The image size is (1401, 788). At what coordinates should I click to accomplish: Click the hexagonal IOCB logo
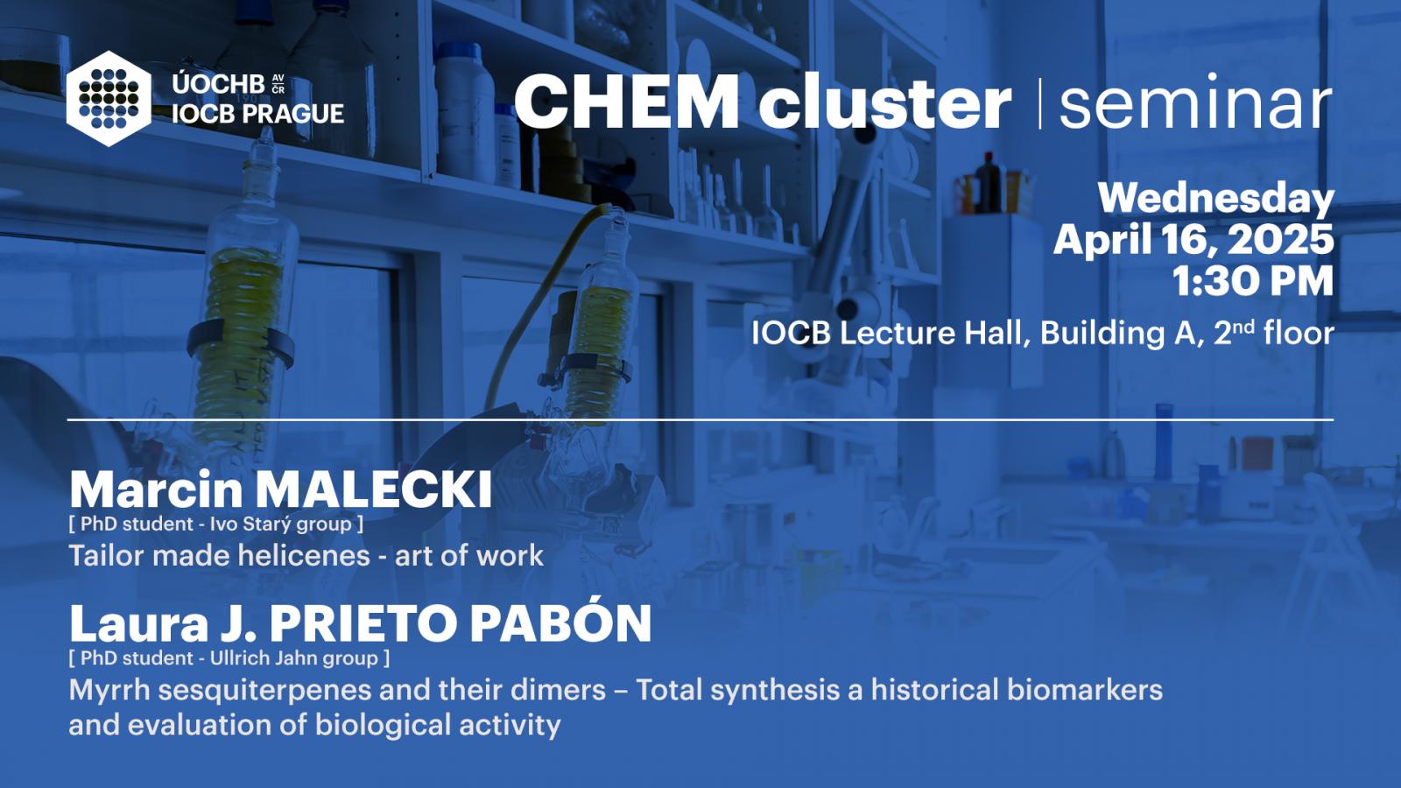[x=109, y=99]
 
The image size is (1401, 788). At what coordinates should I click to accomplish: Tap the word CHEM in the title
[x=627, y=102]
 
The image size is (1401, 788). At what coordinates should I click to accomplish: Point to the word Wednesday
[x=1216, y=199]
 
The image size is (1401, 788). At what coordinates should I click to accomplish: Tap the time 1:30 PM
[x=1253, y=280]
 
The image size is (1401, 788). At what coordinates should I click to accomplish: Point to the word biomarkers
[x=1085, y=690]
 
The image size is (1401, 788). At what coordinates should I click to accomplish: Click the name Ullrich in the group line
[x=237, y=658]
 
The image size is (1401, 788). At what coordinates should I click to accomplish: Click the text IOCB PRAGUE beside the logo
[x=257, y=114]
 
